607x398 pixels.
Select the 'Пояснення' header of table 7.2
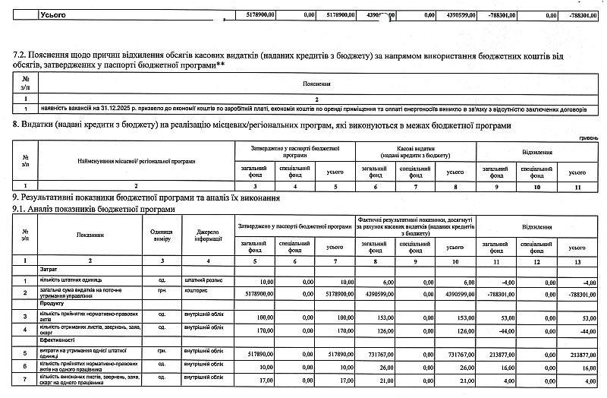(315, 83)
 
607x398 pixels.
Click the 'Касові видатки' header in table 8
(415, 148)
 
